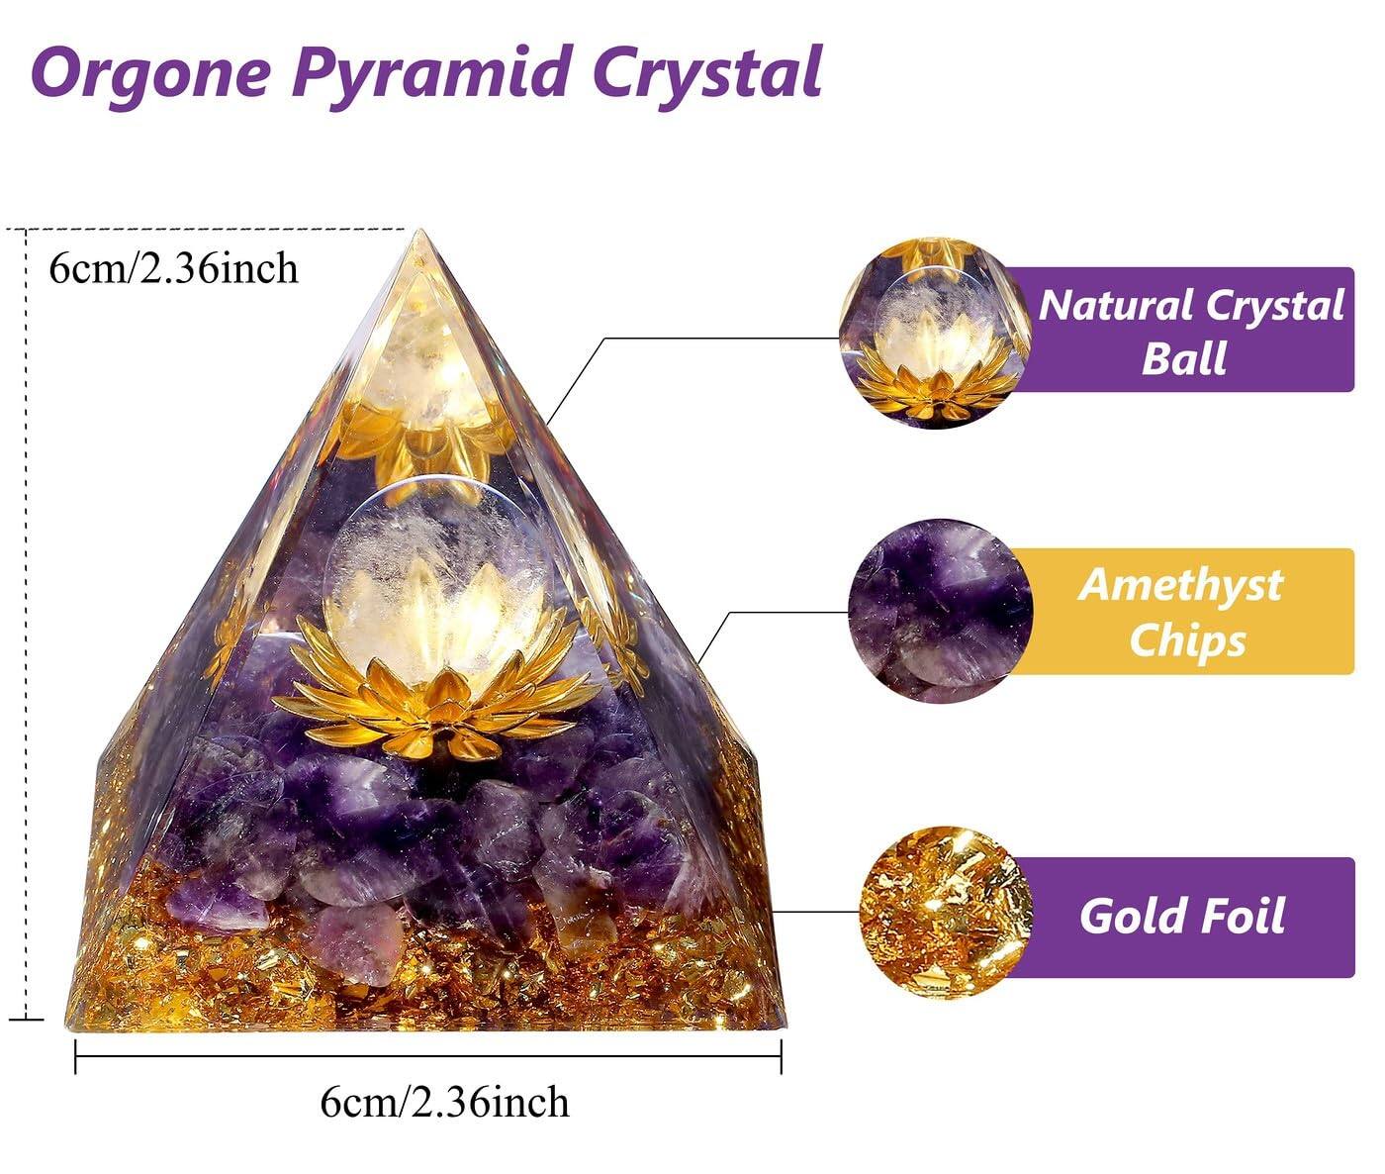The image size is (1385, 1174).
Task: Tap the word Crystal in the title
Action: [x=702, y=71]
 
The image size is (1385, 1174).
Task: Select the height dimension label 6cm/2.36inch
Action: [x=174, y=267]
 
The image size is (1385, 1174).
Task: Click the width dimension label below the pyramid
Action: [x=445, y=1102]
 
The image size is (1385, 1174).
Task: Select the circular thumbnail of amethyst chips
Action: [x=940, y=609]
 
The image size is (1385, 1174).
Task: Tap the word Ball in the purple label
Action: [x=1183, y=357]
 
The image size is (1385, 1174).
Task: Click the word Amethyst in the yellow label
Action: [x=1180, y=584]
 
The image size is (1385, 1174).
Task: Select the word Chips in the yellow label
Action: [x=1186, y=639]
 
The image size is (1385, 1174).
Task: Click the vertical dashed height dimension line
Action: [x=25, y=624]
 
